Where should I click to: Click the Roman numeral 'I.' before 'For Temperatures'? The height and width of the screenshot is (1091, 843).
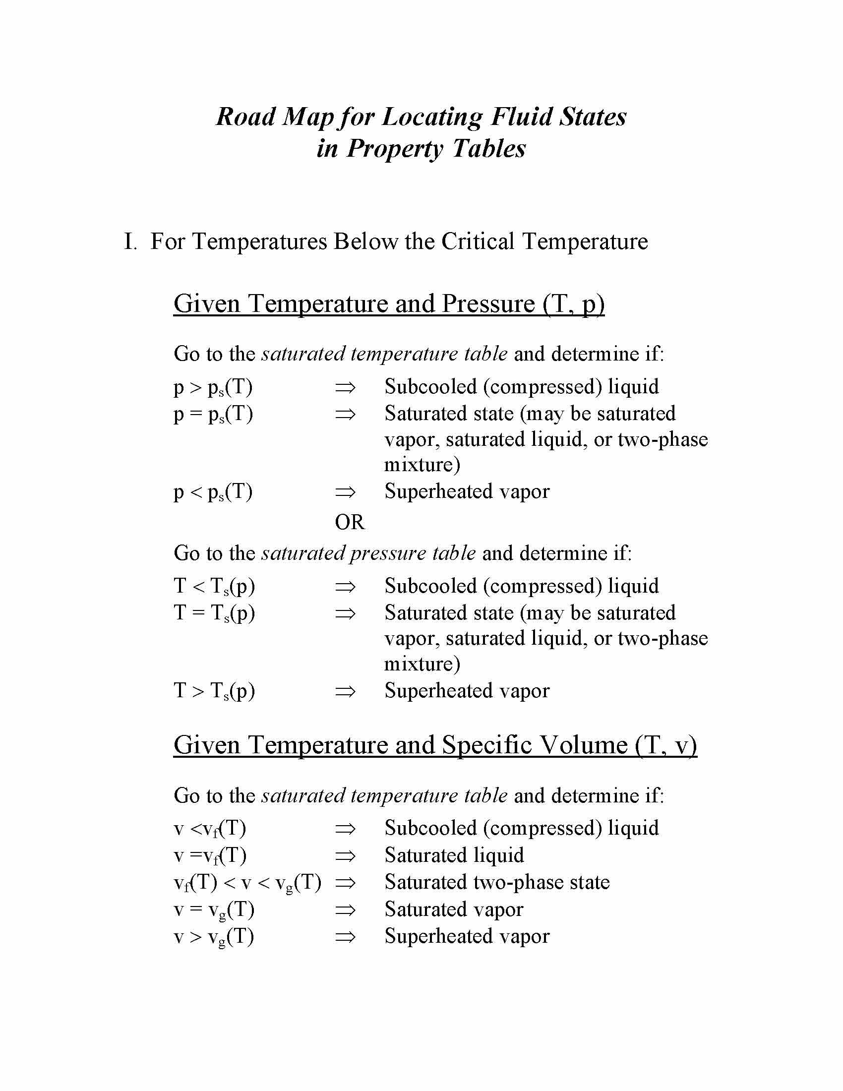coord(130,242)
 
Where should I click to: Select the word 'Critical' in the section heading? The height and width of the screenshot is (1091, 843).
coord(478,242)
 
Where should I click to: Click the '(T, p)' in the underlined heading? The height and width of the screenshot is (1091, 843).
coord(573,303)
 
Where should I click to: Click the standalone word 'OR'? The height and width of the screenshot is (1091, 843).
coord(350,523)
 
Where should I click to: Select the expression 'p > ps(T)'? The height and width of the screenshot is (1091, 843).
coord(213,387)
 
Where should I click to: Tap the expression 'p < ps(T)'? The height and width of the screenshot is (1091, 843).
coord(213,492)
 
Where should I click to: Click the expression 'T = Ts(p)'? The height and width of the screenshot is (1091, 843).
coord(214,613)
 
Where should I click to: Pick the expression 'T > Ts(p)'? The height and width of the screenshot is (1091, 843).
coord(214,691)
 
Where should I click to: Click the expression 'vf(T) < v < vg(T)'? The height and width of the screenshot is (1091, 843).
coord(247,883)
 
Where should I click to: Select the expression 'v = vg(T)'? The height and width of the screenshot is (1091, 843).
coord(214,909)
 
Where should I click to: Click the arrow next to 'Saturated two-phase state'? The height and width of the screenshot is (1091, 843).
coord(345,883)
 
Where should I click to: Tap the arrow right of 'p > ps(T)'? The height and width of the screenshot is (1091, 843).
coord(345,387)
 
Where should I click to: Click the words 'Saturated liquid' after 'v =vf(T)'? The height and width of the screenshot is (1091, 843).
coord(454,855)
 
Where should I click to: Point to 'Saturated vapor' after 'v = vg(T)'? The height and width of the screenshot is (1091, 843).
coord(453,909)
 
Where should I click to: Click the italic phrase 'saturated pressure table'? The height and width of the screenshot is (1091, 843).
coord(368,553)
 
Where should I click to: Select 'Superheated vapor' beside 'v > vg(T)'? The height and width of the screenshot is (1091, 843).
coord(467,936)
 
